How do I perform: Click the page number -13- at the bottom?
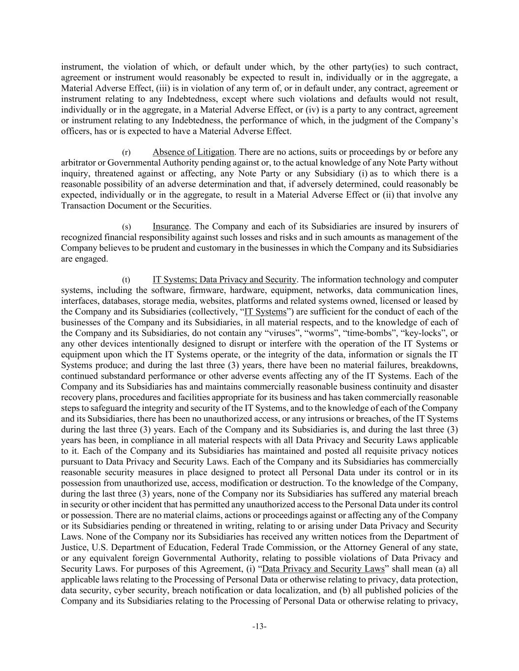[x=259, y=626]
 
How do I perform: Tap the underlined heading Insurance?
[x=171, y=227]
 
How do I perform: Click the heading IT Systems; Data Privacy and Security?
[x=224, y=280]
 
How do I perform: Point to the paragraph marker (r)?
[x=126, y=152]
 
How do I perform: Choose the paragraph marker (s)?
[x=126, y=227]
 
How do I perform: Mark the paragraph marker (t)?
[x=126, y=280]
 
